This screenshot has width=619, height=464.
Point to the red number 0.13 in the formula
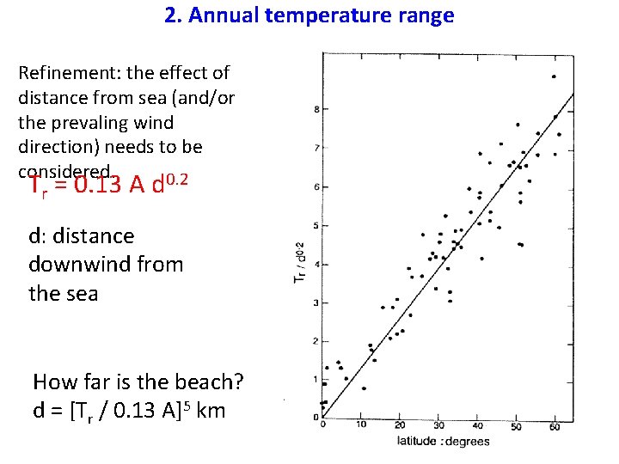pyautogui.click(x=98, y=185)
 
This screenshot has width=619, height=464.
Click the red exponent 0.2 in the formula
pyautogui.click(x=175, y=179)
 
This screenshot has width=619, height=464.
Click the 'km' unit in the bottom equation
pyautogui.click(x=211, y=411)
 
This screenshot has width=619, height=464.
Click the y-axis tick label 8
pyautogui.click(x=316, y=110)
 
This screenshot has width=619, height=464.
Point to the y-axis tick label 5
pyautogui.click(x=316, y=226)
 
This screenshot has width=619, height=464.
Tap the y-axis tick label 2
pyautogui.click(x=316, y=342)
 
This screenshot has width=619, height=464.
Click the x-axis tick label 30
pyautogui.click(x=438, y=425)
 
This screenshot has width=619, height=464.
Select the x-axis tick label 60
pyautogui.click(x=555, y=425)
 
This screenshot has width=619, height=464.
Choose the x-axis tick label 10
pyautogui.click(x=361, y=424)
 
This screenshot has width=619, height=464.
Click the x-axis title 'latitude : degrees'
pyautogui.click(x=444, y=443)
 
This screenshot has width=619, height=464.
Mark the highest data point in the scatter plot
pyautogui.click(x=554, y=76)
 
